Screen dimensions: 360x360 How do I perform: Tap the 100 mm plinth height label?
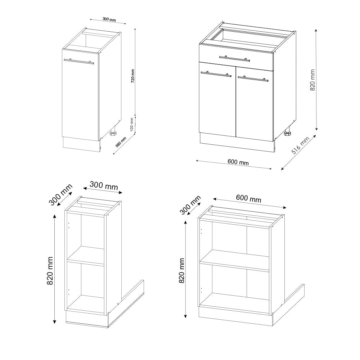coord(132,123)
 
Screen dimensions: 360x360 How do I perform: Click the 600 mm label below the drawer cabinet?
coord(238,162)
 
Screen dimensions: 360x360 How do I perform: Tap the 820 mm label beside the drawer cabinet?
coord(312,80)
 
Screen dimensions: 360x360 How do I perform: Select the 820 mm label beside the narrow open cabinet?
coord(50,271)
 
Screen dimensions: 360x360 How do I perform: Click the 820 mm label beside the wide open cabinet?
coord(181,270)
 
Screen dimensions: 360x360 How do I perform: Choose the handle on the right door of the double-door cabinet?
coord(253,78)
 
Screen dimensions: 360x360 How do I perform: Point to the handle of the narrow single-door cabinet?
coord(78,61)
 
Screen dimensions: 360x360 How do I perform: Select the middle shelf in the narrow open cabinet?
coord(86,255)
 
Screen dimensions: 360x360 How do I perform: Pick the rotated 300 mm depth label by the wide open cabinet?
coord(190,205)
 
